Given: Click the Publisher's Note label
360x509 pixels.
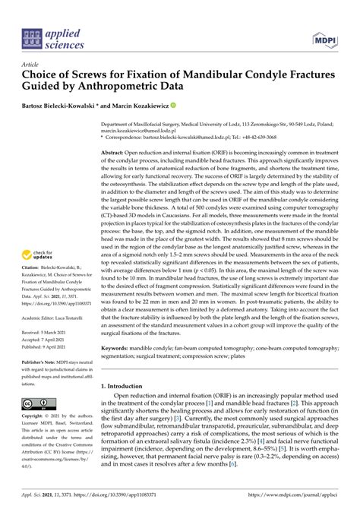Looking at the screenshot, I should click(x=41, y=382).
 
